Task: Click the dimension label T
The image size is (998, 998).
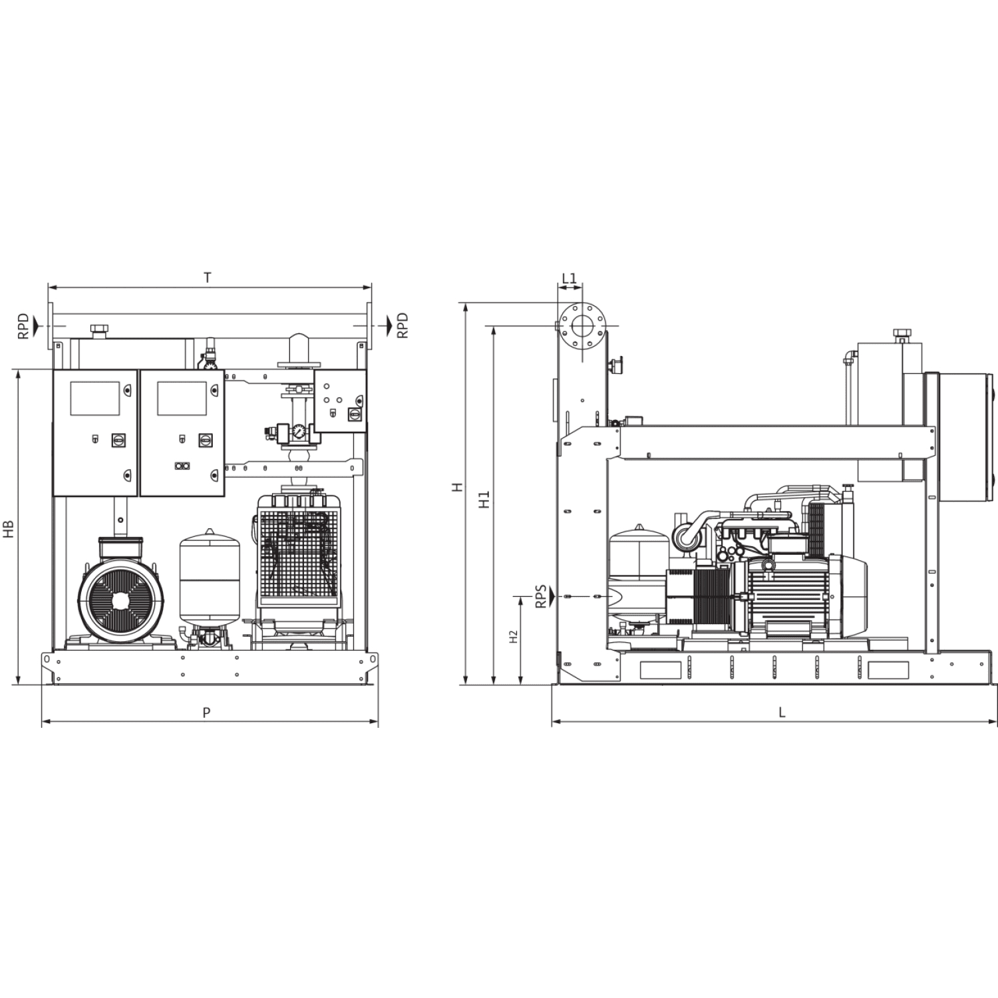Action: pyautogui.click(x=208, y=278)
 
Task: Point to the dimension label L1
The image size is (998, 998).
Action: pyautogui.click(x=570, y=278)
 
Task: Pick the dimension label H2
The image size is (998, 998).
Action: pyautogui.click(x=513, y=637)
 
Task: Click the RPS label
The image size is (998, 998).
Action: pyautogui.click(x=541, y=596)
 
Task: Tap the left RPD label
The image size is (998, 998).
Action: pyautogui.click(x=23, y=326)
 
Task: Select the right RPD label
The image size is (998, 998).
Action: pyautogui.click(x=402, y=326)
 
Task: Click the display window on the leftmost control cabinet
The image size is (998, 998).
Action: pyautogui.click(x=94, y=399)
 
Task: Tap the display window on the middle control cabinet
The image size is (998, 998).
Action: pyautogui.click(x=182, y=399)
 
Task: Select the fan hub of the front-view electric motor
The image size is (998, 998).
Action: pyautogui.click(x=120, y=600)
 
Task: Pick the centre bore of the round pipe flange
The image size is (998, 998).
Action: pyautogui.click(x=582, y=326)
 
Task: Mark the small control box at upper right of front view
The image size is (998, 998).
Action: pyautogui.click(x=340, y=401)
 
